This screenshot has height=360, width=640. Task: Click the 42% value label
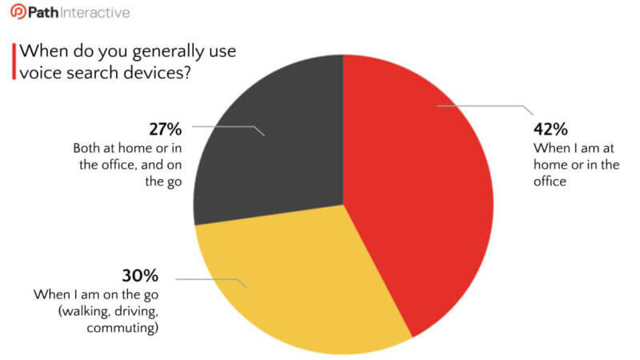[x=550, y=129]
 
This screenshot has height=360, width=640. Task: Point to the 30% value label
[x=140, y=275]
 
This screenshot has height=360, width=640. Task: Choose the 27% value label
[x=166, y=129]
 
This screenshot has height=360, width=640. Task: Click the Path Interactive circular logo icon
[x=18, y=11]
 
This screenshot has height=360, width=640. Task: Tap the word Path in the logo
[x=43, y=12]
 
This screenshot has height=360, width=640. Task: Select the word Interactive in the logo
[x=95, y=12]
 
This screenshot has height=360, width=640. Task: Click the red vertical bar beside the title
[x=14, y=62]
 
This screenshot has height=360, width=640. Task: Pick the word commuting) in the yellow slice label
[x=122, y=328]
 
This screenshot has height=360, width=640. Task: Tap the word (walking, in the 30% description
[x=84, y=312]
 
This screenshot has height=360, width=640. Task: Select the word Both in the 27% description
[x=86, y=148]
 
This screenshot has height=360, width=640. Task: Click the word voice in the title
[x=41, y=73]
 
